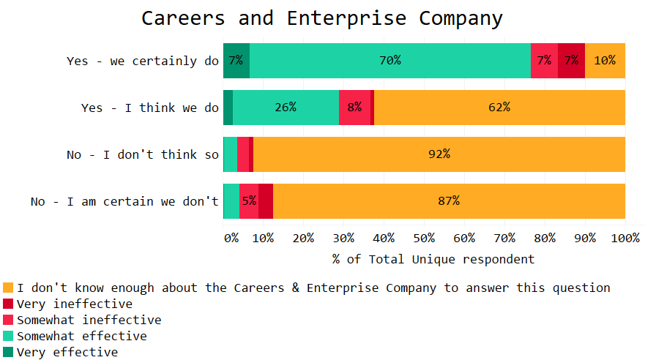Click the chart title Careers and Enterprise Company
point(322,18)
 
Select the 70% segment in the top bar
point(389,61)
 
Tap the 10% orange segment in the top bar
point(605,61)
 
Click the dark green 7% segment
point(236,61)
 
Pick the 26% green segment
point(286,108)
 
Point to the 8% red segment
point(354,108)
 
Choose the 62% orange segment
point(499,108)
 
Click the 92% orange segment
point(439,154)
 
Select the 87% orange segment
point(448,201)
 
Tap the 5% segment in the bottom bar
point(249,201)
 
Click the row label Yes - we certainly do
point(143,61)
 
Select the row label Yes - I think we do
point(150,108)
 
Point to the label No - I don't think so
point(143,154)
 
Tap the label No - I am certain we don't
point(124,201)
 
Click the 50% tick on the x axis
point(424,238)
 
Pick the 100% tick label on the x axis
point(625,238)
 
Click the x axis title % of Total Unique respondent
point(433,259)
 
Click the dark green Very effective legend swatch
point(8,352)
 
